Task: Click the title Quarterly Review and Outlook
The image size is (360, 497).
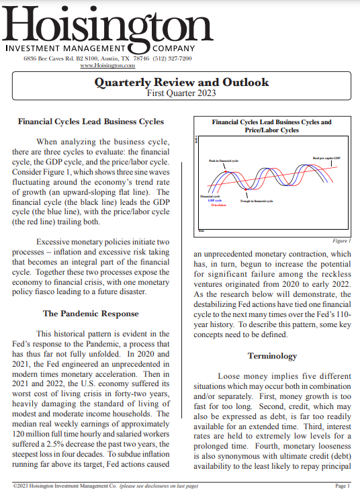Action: (x=181, y=83)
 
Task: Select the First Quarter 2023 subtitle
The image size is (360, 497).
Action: (x=181, y=93)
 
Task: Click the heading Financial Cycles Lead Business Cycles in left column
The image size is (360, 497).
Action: (x=91, y=122)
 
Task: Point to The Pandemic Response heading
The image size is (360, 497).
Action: (x=91, y=314)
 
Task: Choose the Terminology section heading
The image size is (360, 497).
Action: (x=272, y=356)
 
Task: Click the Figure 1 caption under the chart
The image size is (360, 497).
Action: (x=342, y=240)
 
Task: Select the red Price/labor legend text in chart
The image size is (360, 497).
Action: (x=218, y=205)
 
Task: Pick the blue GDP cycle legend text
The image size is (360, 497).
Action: (x=215, y=200)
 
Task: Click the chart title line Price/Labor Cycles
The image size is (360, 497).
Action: (x=272, y=130)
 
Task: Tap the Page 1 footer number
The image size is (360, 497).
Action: (x=343, y=486)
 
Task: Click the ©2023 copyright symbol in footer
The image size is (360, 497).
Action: (x=15, y=486)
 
